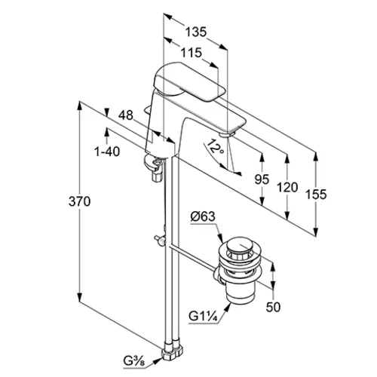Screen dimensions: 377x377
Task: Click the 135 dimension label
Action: click(196, 32)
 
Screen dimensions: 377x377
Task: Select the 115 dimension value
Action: click(192, 53)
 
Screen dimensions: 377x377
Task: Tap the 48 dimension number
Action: click(126, 115)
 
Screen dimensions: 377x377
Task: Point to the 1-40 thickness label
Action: click(107, 152)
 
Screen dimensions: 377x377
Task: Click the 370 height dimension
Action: click(79, 201)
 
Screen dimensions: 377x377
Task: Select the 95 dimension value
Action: click(262, 179)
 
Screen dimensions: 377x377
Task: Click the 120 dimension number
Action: click(287, 188)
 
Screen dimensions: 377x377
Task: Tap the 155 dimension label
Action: click(316, 195)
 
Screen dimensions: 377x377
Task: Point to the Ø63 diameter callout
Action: click(203, 216)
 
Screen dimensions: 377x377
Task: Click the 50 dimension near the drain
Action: click(273, 307)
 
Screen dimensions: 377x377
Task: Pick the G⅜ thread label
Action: click(134, 361)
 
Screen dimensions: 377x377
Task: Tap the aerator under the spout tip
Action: click(226, 136)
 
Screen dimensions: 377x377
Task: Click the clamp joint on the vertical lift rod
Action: click(161, 241)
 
